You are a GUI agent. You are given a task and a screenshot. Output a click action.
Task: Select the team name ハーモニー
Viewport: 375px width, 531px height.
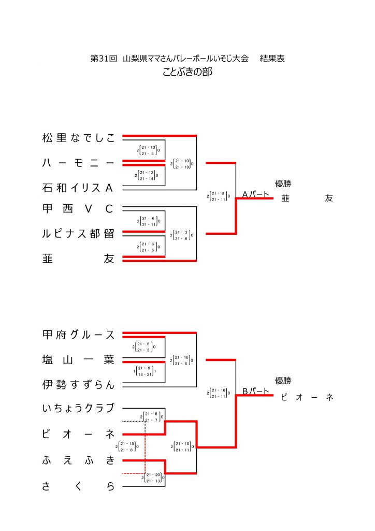click(78, 163)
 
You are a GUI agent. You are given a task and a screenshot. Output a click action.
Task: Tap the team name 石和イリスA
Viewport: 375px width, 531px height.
click(78, 188)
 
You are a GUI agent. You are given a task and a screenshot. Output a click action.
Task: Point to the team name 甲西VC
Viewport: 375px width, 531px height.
click(78, 209)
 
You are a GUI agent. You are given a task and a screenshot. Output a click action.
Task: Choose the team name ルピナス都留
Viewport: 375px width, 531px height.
click(78, 233)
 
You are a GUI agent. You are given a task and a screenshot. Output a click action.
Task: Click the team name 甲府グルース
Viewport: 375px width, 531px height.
click(78, 335)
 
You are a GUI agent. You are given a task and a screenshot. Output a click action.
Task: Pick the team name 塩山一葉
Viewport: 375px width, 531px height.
click(78, 360)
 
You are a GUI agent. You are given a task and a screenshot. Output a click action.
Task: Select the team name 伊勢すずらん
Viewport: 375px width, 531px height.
click(78, 385)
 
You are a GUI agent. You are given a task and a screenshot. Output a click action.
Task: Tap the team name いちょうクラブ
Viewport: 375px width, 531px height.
click(78, 408)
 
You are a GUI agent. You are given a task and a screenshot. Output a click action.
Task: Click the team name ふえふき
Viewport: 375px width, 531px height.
click(78, 459)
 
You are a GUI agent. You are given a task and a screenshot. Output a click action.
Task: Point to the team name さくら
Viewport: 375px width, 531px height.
click(78, 486)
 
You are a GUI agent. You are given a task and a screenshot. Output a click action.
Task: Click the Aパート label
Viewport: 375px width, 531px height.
click(256, 195)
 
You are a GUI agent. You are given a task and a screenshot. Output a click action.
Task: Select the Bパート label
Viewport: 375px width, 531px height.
click(256, 392)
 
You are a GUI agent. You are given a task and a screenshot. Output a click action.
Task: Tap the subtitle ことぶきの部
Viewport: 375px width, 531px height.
click(187, 72)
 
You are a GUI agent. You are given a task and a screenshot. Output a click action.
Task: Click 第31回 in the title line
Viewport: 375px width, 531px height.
click(103, 59)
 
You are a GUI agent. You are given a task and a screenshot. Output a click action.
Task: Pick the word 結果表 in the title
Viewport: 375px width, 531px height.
click(272, 59)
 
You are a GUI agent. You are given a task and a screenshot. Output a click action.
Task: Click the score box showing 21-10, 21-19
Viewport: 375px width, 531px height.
click(182, 163)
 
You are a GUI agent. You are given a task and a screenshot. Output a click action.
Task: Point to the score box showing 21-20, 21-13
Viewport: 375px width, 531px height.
click(153, 478)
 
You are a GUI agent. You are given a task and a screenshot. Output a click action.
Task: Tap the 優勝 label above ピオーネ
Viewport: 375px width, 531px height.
click(283, 381)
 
